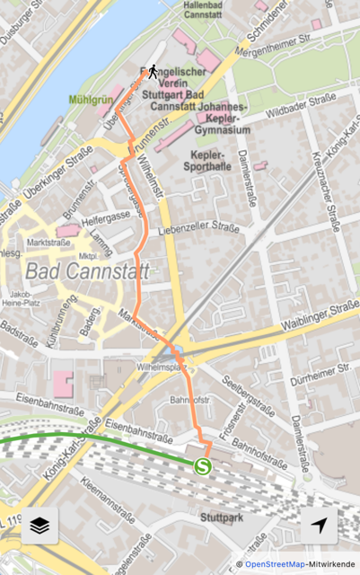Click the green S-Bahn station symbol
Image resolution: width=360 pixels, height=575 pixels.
(203, 464)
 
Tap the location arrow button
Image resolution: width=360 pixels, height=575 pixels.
(320, 526)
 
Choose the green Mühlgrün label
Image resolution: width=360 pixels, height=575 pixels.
(90, 101)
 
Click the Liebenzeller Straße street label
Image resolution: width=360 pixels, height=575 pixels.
(198, 229)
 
